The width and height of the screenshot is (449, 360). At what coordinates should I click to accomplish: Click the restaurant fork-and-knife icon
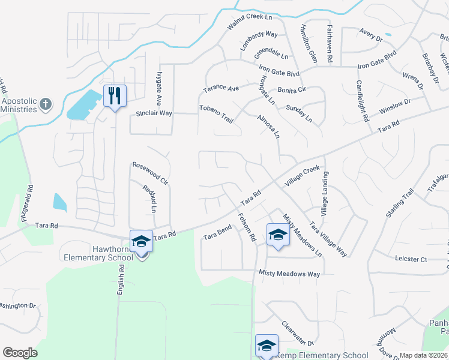click(114, 95)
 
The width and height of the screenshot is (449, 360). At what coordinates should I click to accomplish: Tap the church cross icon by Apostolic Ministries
click(45, 105)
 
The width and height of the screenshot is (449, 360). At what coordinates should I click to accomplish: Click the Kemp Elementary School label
click(321, 355)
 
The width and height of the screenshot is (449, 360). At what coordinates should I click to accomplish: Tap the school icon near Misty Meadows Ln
click(278, 235)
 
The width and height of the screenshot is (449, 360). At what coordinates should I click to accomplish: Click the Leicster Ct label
click(411, 260)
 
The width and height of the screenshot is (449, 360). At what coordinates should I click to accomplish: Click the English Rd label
click(121, 279)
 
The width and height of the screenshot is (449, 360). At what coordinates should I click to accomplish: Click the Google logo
click(20, 353)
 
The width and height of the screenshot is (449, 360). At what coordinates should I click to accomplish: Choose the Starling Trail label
click(400, 203)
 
